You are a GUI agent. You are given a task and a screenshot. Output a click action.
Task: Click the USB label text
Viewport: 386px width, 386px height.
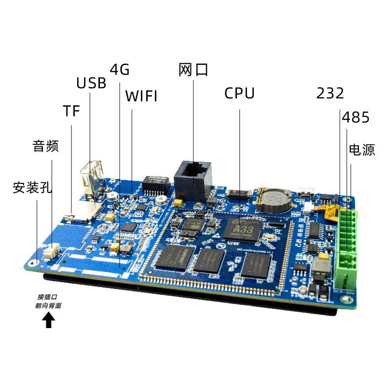[x=91, y=83]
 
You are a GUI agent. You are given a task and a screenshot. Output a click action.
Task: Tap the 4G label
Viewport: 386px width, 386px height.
[x=120, y=70]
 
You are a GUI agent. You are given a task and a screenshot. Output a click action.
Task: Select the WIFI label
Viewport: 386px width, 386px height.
[x=141, y=96]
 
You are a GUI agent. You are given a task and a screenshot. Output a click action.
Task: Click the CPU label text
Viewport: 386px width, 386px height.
[x=239, y=93]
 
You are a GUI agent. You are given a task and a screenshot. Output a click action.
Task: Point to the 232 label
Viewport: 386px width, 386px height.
[x=330, y=93]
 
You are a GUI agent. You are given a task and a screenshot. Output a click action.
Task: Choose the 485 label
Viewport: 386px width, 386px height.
[x=356, y=117]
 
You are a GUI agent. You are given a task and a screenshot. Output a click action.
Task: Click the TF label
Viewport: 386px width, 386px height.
[x=71, y=111]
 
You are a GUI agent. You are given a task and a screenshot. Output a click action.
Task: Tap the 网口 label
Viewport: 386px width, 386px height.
[x=193, y=70]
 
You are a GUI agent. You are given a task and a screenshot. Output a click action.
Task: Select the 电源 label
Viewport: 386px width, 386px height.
[x=362, y=150]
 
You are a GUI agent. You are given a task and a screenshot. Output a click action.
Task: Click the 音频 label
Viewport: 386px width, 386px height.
[x=45, y=146]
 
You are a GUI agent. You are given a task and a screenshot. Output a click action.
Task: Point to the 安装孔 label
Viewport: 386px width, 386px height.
[x=32, y=187]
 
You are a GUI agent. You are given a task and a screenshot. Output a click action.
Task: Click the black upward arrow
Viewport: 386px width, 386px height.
[x=48, y=320]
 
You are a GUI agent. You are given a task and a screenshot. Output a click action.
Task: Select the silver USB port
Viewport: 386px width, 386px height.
[x=92, y=179]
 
